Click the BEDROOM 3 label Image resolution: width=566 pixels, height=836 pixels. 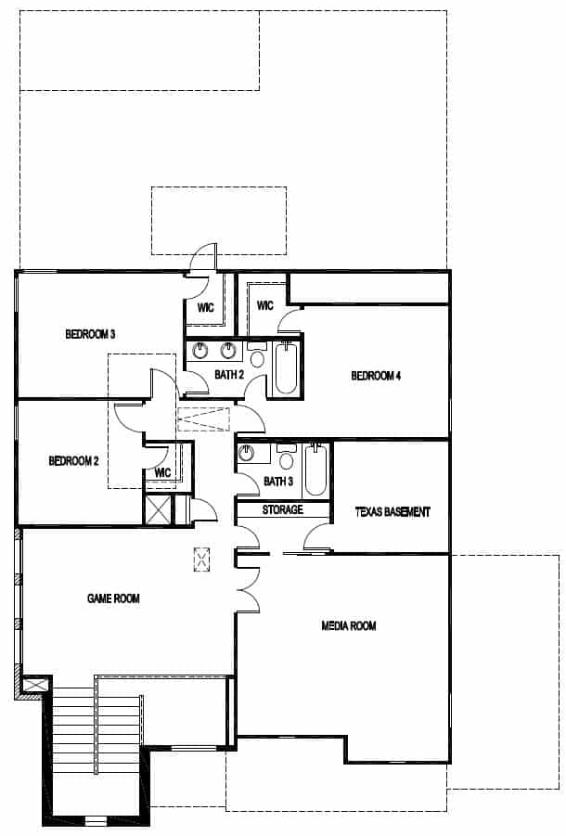pyautogui.click(x=90, y=334)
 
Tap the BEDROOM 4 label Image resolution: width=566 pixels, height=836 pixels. pyautogui.click(x=376, y=376)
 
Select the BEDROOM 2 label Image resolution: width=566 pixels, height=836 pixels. pyautogui.click(x=73, y=460)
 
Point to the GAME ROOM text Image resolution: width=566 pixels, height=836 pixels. pyautogui.click(x=113, y=598)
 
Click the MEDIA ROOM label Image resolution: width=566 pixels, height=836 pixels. pyautogui.click(x=348, y=626)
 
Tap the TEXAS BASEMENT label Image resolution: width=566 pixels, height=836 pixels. pyautogui.click(x=392, y=511)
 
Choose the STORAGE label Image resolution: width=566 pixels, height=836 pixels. pyautogui.click(x=282, y=510)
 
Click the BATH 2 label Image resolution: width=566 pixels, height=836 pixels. pyautogui.click(x=228, y=375)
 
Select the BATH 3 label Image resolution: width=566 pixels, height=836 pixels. pyautogui.click(x=277, y=482)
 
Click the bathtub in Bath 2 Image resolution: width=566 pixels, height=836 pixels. pyautogui.click(x=285, y=368)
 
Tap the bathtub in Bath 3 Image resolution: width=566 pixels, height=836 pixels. pyautogui.click(x=315, y=469)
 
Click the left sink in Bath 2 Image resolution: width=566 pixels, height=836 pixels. pyautogui.click(x=200, y=351)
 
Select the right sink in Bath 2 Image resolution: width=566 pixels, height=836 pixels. pyautogui.click(x=227, y=351)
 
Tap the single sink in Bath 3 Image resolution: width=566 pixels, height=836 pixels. pyautogui.click(x=247, y=453)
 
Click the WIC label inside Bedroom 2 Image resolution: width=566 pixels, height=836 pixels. pyautogui.click(x=163, y=472)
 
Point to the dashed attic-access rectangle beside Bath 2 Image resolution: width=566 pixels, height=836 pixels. pyautogui.click(x=203, y=419)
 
